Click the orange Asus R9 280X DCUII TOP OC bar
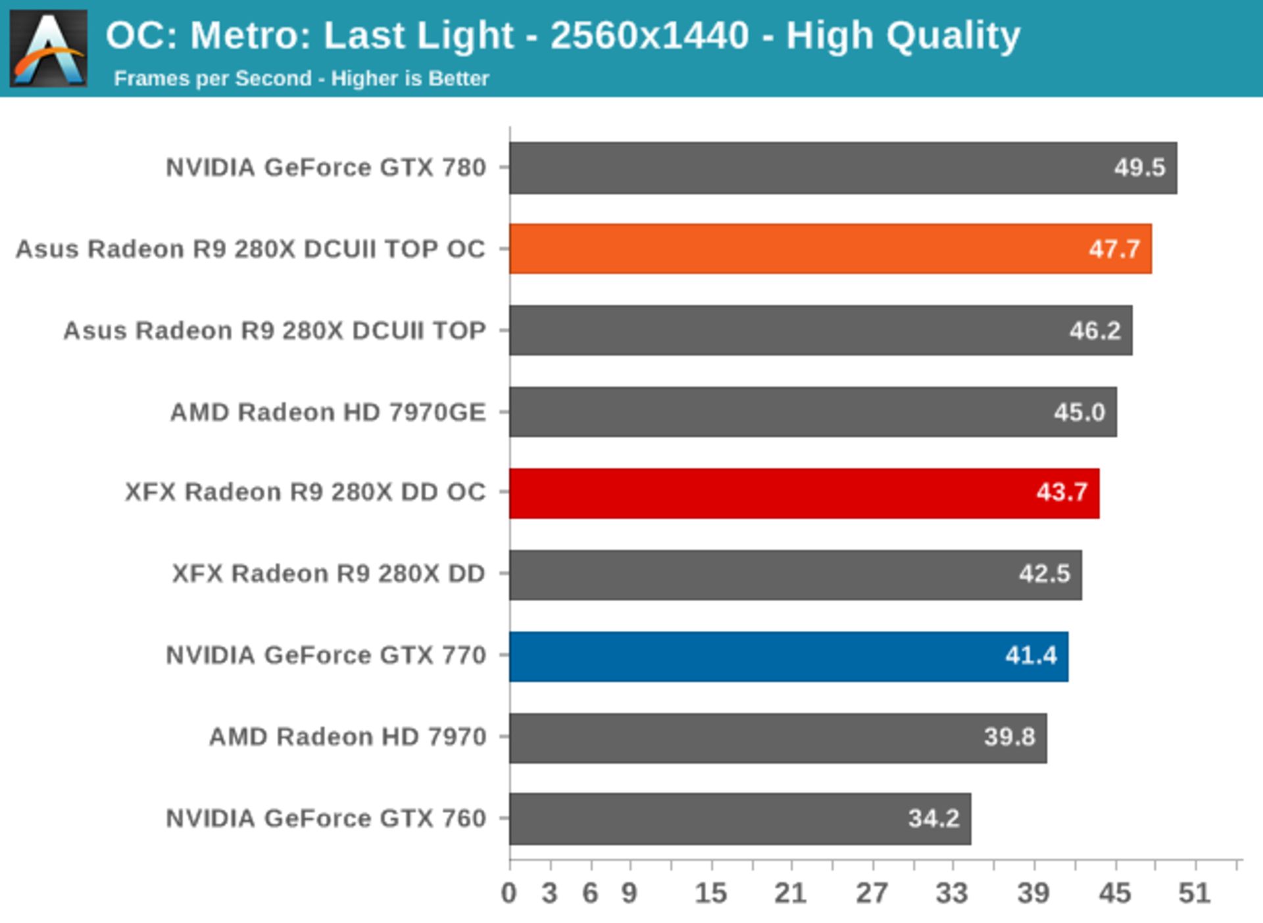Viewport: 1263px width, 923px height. [x=830, y=249]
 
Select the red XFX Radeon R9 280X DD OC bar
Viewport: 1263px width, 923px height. [x=804, y=493]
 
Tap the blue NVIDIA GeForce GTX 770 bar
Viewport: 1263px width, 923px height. [x=788, y=656]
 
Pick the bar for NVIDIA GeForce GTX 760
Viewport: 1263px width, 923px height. [x=740, y=818]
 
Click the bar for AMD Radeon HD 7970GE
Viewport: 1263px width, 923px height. [x=812, y=412]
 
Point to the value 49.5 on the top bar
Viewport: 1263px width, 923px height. [x=1139, y=168]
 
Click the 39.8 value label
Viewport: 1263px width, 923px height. [x=1009, y=737]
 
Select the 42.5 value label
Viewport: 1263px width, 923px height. [x=1044, y=574]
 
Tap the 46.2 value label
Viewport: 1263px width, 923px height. [x=1095, y=330]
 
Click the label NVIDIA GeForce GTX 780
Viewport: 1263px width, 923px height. [x=326, y=168]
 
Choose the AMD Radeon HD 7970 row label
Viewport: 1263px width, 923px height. [x=347, y=737]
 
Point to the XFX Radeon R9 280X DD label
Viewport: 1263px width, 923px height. [x=328, y=574]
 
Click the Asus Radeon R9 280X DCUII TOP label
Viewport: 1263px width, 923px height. [x=274, y=330]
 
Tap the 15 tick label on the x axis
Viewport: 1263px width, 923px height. [x=710, y=893]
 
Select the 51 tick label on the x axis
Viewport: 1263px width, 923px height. [x=1194, y=893]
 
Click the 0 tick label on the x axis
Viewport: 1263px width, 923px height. [x=508, y=893]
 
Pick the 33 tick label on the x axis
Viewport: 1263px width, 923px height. [x=952, y=893]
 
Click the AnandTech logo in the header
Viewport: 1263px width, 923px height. [x=48, y=48]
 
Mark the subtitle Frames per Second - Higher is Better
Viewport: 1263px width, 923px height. [x=301, y=78]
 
